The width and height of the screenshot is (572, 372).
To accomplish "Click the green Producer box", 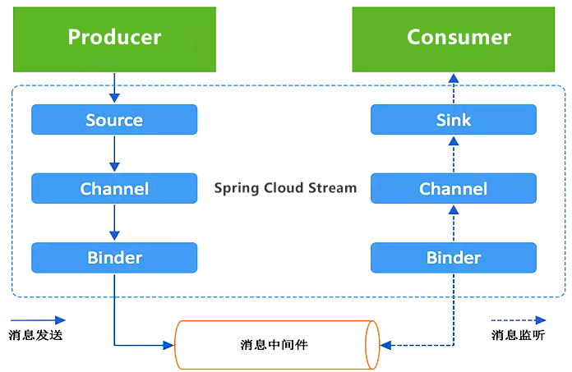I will [x=114, y=38].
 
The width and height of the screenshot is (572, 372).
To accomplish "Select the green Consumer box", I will [x=459, y=38].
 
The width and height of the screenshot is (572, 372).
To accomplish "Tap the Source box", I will [x=114, y=120].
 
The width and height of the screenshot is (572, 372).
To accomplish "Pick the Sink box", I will [x=453, y=120].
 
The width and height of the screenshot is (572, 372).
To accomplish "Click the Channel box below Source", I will [x=114, y=189].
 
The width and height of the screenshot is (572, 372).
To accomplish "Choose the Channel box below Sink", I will [x=453, y=189].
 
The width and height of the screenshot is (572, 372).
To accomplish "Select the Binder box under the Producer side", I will [x=114, y=258].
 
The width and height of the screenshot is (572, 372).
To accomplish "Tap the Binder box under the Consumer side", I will [x=453, y=258].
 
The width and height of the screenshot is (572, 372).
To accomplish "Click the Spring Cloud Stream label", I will [x=285, y=188].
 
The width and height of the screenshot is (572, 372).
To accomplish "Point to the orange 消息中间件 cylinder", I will [x=276, y=344].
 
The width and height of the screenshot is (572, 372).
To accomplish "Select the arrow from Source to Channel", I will [x=114, y=154].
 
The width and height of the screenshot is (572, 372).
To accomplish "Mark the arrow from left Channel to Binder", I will [x=114, y=223].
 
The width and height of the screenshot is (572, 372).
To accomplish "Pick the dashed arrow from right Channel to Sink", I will [x=453, y=154].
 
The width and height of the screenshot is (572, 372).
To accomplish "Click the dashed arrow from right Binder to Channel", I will [x=453, y=223].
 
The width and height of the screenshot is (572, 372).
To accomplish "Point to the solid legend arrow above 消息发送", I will [x=38, y=320].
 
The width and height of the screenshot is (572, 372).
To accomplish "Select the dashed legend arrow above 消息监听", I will [x=518, y=320].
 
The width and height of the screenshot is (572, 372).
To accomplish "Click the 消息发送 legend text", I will [x=35, y=335].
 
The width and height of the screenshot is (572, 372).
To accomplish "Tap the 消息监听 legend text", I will [x=517, y=335].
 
